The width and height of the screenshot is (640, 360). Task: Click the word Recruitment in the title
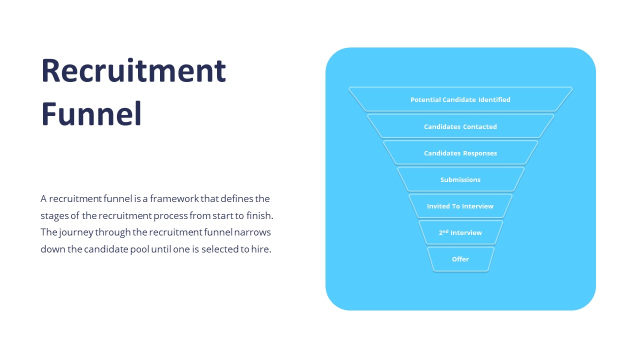133,70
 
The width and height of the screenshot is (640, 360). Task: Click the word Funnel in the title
91,114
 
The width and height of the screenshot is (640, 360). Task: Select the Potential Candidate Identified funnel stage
460,99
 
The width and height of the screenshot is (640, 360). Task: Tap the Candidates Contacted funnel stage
460,126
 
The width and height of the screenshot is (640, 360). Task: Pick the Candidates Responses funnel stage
460,153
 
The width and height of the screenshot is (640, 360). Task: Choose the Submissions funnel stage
460,179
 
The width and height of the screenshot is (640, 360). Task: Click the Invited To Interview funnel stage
460,206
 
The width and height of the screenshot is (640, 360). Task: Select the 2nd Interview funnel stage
460,232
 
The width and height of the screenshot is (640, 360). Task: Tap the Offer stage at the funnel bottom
460,259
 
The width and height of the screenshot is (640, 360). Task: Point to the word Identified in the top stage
494,99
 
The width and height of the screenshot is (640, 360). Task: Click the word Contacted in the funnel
479,126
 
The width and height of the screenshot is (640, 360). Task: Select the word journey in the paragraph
75,233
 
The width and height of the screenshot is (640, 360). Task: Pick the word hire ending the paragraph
261,249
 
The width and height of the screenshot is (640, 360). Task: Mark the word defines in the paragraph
236,199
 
